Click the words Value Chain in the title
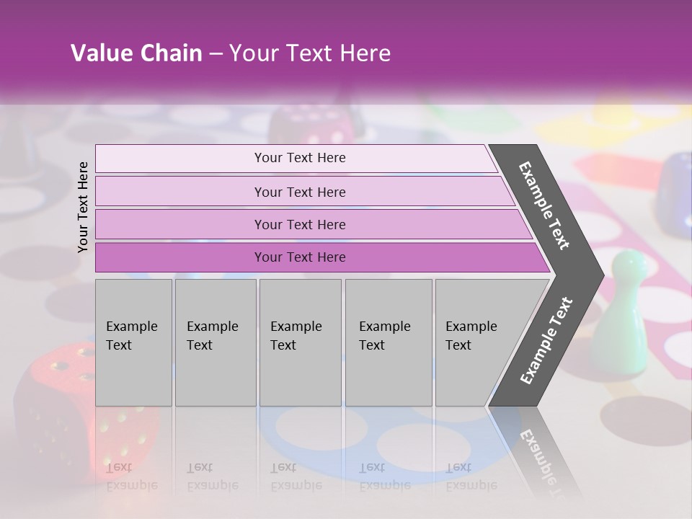tap(136, 53)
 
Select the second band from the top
tap(300, 192)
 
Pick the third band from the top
tap(300, 224)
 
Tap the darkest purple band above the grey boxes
tap(300, 257)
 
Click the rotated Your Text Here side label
tap(83, 207)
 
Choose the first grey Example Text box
tap(133, 342)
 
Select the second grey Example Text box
tap(216, 342)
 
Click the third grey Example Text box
tap(300, 342)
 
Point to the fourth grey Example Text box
tap(389, 342)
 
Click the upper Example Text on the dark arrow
tap(544, 205)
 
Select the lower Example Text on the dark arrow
tap(546, 341)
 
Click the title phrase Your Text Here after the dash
tap(310, 53)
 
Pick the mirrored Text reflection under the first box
tap(119, 467)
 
